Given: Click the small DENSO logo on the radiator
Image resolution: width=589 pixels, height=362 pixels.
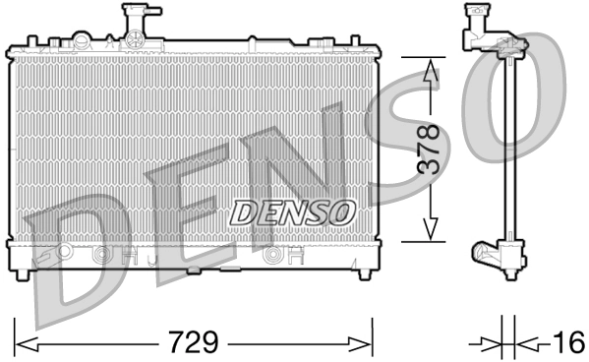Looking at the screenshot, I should (x=293, y=210).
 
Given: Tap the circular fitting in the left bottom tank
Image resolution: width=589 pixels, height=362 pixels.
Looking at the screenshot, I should (x=99, y=258).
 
